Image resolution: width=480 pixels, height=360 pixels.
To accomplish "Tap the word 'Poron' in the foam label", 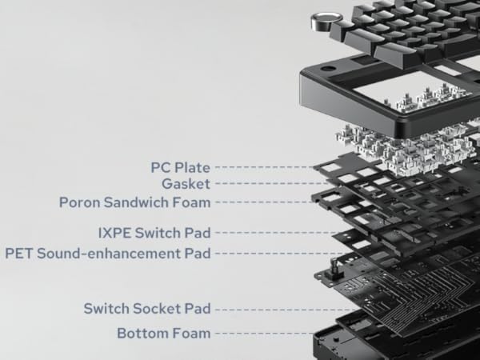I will [78, 202].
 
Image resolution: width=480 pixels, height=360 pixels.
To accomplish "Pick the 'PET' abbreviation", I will [19, 253].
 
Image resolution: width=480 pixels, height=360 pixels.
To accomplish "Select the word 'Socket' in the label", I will [160, 308].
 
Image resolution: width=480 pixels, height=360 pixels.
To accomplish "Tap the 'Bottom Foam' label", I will [163, 332].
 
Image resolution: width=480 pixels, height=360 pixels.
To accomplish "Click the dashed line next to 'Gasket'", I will [256, 184].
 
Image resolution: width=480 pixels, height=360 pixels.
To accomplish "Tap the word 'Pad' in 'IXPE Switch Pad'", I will [197, 233].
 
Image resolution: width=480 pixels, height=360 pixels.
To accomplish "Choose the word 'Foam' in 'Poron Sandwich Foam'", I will [192, 202].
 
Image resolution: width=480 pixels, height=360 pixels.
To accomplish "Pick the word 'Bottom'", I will [142, 332].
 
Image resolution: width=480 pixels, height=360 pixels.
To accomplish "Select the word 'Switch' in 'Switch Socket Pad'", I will [107, 308].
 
